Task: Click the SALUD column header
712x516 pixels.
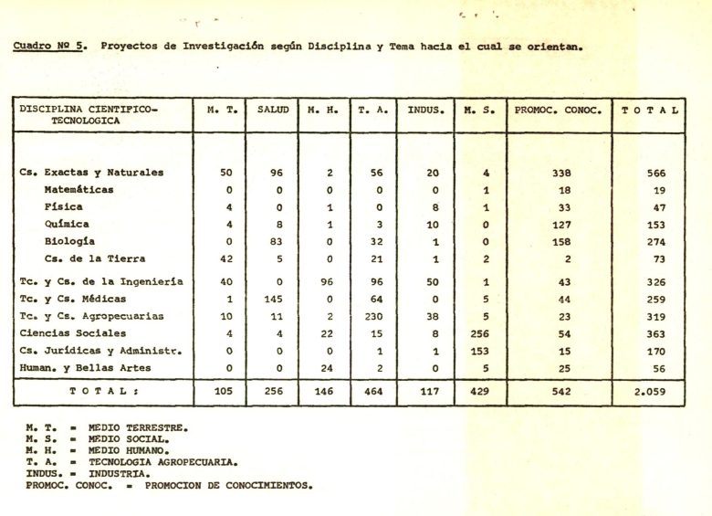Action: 272,111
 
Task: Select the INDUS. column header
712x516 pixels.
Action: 425,111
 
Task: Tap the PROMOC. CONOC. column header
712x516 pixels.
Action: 559,111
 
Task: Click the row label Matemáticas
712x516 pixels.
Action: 79,190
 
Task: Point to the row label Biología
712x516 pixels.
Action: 72,242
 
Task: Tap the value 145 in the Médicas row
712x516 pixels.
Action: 272,300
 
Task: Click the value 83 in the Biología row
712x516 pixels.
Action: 272,242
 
